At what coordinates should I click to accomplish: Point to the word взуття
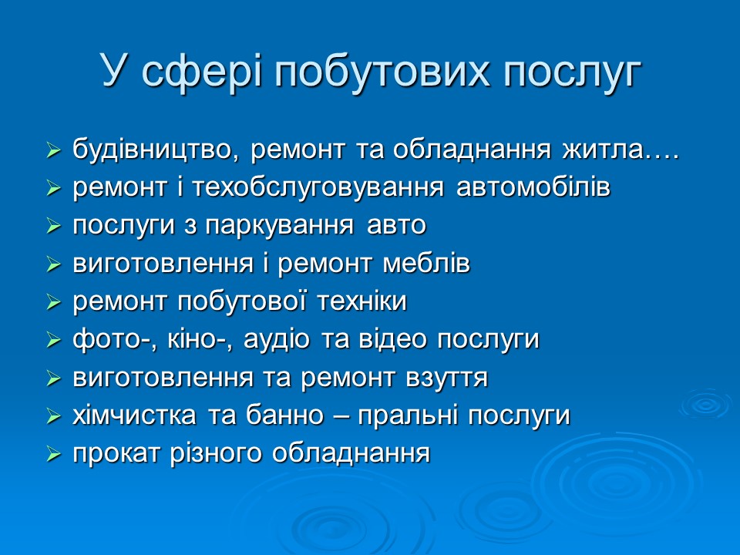(x=446, y=378)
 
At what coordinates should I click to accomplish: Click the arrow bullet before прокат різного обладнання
(x=53, y=456)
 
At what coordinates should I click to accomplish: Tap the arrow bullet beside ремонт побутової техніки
(x=53, y=303)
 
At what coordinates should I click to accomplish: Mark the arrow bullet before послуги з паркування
(x=53, y=227)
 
